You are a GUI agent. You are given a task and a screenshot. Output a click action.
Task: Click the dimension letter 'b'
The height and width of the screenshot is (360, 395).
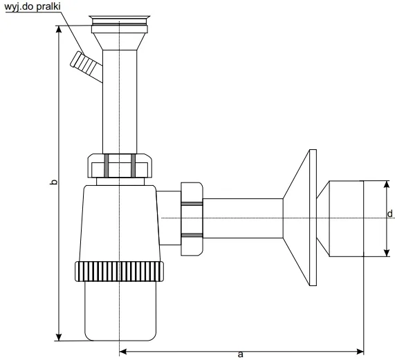[55, 183]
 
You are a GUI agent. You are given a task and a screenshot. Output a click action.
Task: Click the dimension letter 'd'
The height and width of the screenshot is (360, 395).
[390, 214]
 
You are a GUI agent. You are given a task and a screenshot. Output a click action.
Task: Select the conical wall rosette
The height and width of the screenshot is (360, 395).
[301, 217]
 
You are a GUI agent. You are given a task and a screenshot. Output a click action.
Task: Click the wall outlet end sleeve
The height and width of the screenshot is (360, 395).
[343, 218]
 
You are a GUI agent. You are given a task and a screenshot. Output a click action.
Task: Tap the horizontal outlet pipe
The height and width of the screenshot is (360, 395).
[242, 217]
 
